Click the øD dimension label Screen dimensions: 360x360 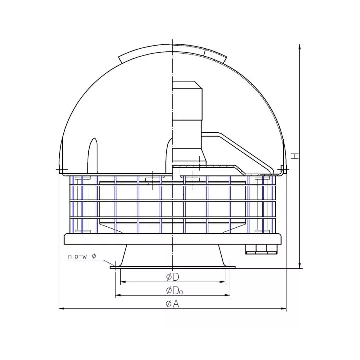(172, 277)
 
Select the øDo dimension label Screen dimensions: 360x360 (174, 291)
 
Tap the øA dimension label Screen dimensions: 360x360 (172, 304)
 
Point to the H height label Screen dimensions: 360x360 (295, 156)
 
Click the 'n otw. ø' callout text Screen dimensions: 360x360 (82, 256)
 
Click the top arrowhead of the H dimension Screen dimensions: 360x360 (300, 47)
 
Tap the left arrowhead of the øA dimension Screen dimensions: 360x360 (62, 309)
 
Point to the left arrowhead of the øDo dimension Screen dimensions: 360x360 (118, 295)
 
